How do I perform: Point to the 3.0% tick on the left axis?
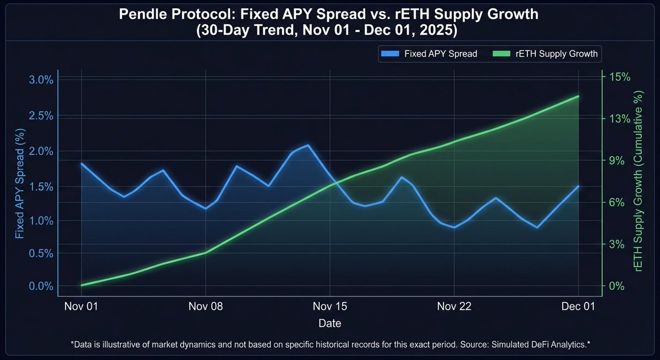[x=40, y=80]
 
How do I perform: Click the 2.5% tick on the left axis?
[x=40, y=116]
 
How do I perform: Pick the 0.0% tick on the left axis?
[x=40, y=286]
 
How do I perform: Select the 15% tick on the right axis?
[x=620, y=77]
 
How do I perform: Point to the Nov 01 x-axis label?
[x=81, y=307]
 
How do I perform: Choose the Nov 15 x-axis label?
[x=329, y=307]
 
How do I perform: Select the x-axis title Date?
[x=329, y=323]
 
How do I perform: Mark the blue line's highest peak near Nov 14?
[x=307, y=146]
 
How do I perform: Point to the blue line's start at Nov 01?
[x=81, y=164]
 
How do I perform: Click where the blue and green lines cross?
[x=335, y=182]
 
